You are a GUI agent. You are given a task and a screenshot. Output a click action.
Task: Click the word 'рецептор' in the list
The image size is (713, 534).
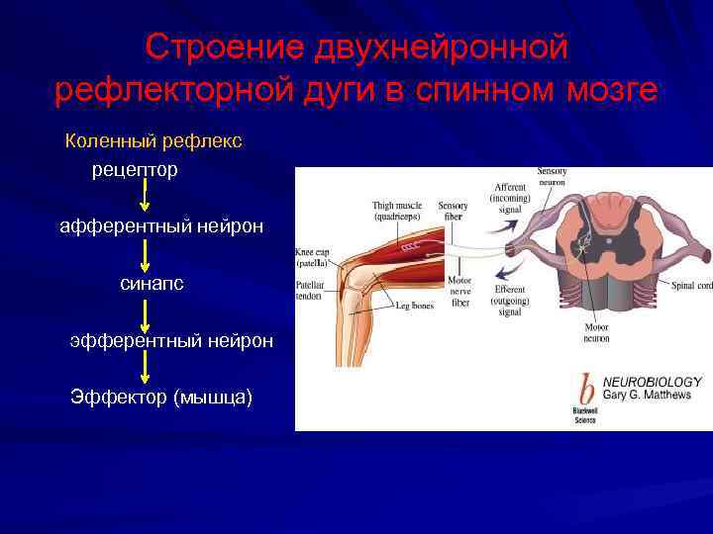coord(135,170)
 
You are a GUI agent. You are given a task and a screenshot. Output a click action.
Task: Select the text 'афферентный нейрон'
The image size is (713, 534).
coord(161,227)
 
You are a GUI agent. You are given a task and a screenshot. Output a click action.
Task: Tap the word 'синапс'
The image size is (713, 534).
coord(152,284)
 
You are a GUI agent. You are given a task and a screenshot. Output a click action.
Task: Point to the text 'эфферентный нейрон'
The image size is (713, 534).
coord(171,341)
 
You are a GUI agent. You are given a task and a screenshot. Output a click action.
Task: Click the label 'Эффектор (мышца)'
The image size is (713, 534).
coord(161,398)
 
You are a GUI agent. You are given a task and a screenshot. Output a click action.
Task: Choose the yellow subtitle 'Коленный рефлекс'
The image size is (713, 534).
coord(153,141)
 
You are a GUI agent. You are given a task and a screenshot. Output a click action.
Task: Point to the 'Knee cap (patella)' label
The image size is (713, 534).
coord(316,259)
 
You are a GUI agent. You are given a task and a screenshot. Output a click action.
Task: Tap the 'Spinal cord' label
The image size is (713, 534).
coord(691,287)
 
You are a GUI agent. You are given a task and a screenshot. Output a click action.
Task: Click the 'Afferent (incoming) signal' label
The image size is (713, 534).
coord(509,198)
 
